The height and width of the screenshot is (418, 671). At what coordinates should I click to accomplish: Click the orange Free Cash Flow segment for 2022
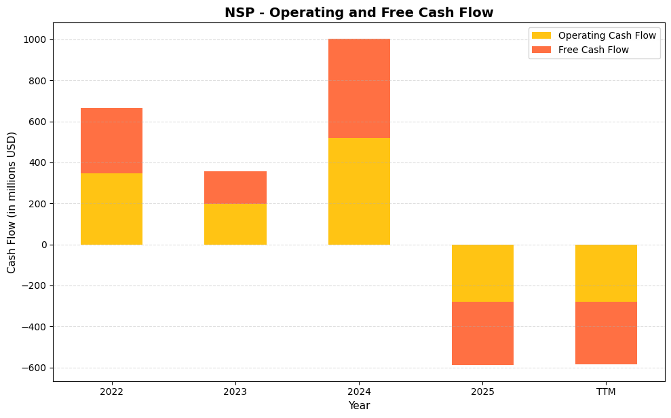click(x=111, y=141)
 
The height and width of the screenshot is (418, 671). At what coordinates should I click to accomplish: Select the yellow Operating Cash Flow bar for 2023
click(x=235, y=224)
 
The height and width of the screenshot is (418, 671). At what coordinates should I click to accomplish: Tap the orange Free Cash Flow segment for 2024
click(x=359, y=88)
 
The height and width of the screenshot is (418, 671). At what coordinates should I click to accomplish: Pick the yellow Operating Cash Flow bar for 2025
click(x=482, y=273)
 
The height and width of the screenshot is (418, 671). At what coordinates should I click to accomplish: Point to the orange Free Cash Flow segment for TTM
click(x=606, y=333)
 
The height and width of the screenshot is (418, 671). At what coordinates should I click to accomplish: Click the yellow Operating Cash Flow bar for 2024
click(x=359, y=191)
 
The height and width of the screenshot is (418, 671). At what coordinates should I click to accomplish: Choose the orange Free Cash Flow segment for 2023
click(x=235, y=188)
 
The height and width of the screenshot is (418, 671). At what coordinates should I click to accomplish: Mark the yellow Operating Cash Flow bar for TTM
click(x=606, y=273)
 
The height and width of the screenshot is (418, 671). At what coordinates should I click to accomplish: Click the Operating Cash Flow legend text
click(x=607, y=35)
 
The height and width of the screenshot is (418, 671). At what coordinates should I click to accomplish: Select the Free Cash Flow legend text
click(x=593, y=50)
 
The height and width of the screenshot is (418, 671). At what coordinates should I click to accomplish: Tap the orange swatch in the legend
click(x=541, y=50)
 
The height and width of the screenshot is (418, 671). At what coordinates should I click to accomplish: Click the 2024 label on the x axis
click(x=359, y=391)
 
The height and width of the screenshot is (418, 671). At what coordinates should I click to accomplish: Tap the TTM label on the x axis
click(x=606, y=391)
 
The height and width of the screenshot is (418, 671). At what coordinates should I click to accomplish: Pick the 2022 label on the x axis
click(x=111, y=391)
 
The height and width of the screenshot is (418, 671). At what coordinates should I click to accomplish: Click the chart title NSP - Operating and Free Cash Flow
click(x=359, y=12)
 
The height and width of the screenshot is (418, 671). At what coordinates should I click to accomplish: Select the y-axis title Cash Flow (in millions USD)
click(x=12, y=203)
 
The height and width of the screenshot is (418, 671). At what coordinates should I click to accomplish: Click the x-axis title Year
click(x=359, y=406)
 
